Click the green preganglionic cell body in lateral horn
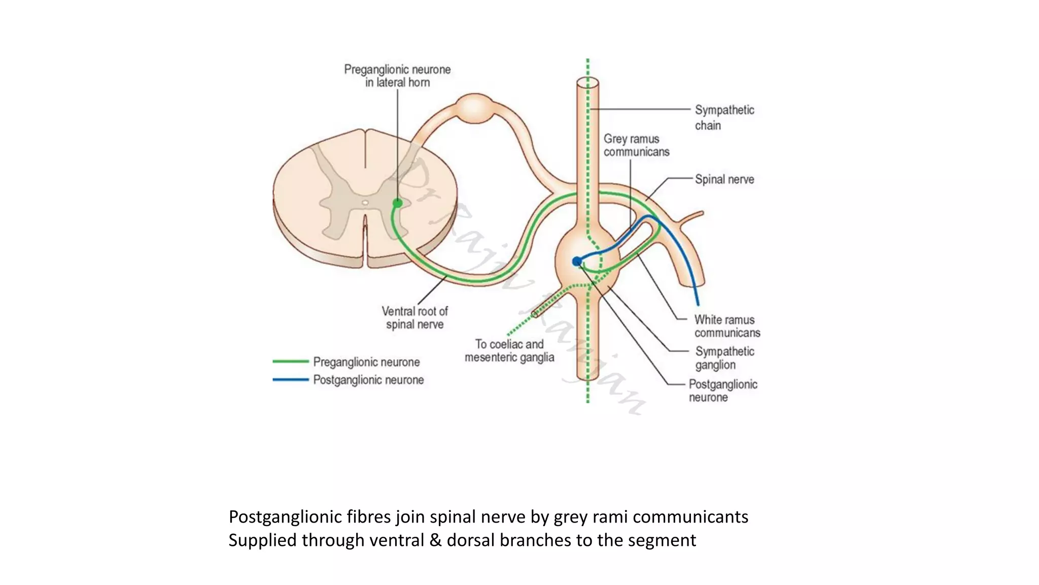[x=397, y=203]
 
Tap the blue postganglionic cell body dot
[x=577, y=262]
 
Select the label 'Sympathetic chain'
[x=724, y=117]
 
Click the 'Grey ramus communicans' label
[x=636, y=145]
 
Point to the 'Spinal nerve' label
[x=724, y=179]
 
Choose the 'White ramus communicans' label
[x=727, y=326]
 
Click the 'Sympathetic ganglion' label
[x=724, y=358]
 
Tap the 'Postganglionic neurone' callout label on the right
[x=722, y=391]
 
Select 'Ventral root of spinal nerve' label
[x=414, y=317]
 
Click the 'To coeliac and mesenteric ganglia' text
[x=509, y=350]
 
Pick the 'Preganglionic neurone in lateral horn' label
[x=397, y=76]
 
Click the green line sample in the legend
[x=290, y=362]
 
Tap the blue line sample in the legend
[x=290, y=379]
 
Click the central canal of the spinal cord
[x=365, y=203]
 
